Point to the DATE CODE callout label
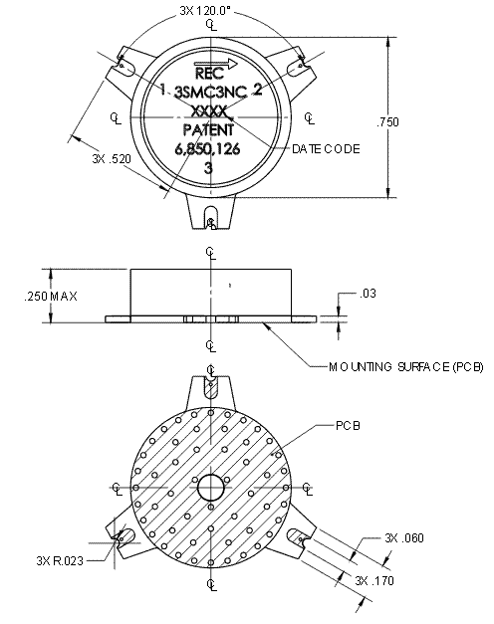327,148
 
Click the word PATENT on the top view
209,129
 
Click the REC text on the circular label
209,74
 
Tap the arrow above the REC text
220,61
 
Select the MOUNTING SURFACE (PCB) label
405,367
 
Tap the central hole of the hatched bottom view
210,488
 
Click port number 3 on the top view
208,168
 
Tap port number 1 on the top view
162,90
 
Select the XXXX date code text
210,111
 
